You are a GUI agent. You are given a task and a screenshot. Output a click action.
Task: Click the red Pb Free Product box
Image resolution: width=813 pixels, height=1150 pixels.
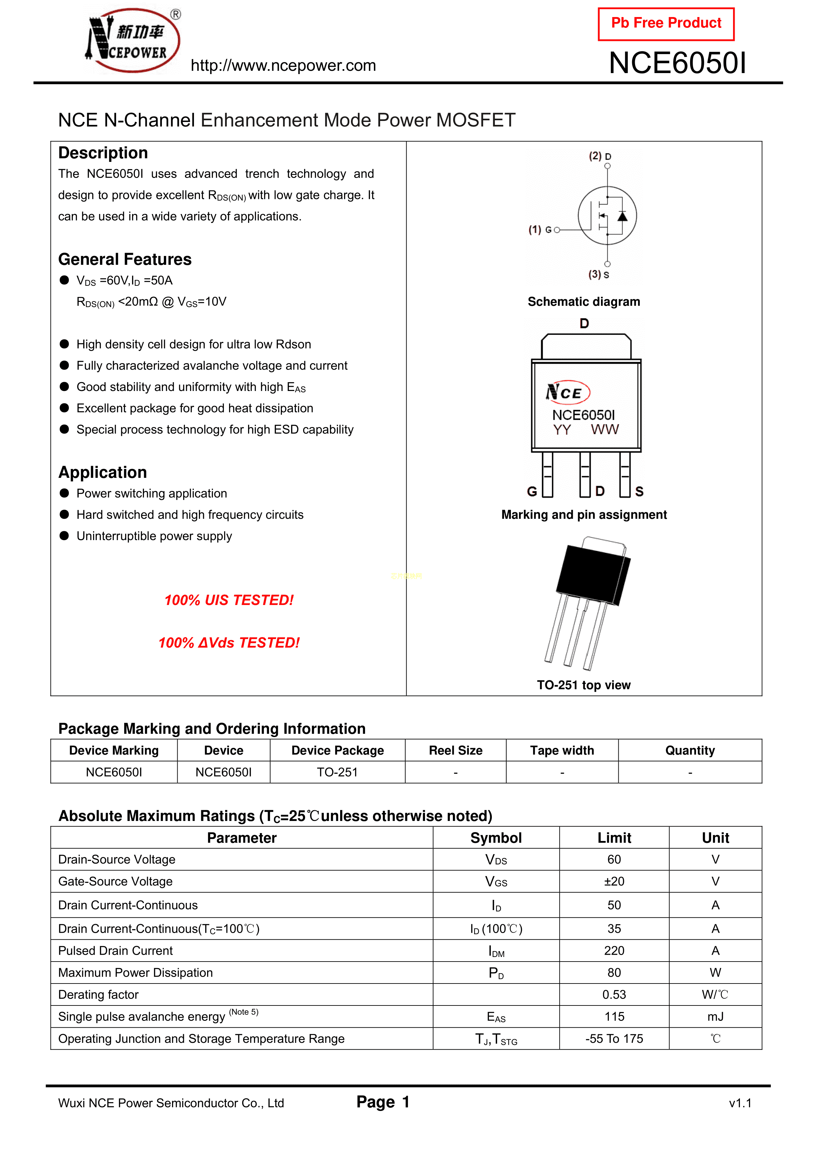click(666, 24)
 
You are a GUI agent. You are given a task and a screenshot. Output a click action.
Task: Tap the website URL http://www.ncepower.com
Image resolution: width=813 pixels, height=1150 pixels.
click(283, 66)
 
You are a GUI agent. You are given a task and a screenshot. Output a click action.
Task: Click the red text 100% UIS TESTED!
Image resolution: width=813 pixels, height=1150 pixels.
click(229, 600)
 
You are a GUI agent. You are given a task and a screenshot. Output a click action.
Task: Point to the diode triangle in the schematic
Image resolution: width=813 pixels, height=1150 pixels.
click(622, 216)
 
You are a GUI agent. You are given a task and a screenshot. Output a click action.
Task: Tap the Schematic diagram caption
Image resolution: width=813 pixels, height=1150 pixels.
click(584, 302)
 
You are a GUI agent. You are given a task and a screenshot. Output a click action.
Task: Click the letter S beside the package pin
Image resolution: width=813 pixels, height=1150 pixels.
click(639, 492)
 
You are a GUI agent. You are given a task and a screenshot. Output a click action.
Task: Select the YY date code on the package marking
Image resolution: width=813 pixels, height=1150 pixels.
click(562, 430)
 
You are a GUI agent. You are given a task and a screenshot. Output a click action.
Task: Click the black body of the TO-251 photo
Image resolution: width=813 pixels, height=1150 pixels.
click(591, 576)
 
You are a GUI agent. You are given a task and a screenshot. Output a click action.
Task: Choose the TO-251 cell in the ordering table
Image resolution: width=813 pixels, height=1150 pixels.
click(337, 772)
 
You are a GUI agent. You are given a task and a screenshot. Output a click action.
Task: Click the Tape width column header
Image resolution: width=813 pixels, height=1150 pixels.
click(562, 750)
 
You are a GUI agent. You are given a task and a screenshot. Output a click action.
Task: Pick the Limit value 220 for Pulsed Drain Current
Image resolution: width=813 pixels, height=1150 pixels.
click(614, 951)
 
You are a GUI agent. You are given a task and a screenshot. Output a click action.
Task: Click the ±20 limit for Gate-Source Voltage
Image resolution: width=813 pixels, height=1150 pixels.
click(614, 882)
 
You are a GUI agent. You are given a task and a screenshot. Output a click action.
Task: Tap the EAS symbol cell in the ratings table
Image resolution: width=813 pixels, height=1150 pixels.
click(496, 1017)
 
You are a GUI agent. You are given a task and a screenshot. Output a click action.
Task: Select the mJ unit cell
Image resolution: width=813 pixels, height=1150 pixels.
click(715, 1017)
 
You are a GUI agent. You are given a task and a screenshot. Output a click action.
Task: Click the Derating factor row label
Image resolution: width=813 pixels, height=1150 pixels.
click(98, 995)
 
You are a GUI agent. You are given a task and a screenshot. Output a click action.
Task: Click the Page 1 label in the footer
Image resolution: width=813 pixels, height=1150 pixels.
click(383, 1102)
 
